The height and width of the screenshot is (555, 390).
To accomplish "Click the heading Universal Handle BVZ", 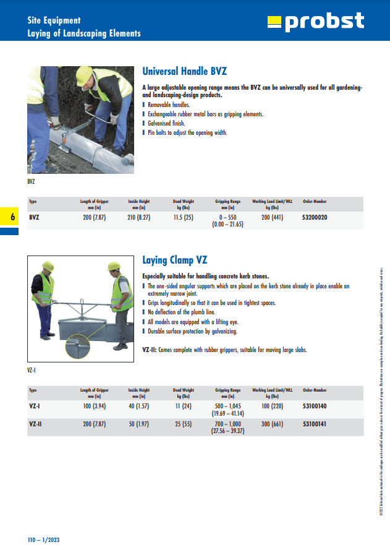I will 189,71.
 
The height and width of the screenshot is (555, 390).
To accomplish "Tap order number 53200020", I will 315,218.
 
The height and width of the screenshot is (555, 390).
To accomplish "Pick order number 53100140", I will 315,407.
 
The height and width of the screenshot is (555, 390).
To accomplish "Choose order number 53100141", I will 315,424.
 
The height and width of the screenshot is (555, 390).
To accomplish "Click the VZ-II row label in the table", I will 36,424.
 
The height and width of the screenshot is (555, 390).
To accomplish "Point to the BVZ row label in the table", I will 35,218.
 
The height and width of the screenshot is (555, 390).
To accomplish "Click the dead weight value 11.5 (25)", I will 183,218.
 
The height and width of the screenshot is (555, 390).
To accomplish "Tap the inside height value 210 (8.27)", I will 139,218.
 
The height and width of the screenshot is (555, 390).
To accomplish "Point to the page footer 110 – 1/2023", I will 43,540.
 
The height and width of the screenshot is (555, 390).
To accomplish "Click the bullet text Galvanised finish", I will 166,123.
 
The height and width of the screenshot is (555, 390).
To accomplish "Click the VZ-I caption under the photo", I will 32,370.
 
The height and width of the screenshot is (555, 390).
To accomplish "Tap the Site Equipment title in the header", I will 54,20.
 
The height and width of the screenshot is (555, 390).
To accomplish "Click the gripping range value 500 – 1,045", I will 227,407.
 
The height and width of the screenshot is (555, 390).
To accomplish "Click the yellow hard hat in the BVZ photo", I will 84,75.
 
